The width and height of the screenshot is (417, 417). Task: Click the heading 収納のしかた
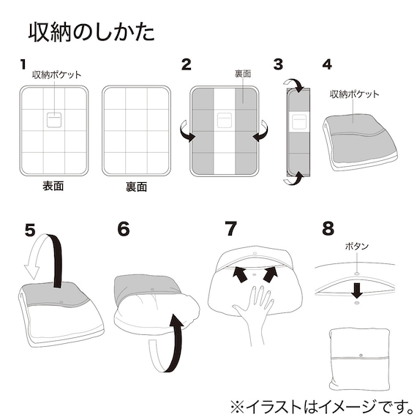coord(91,32)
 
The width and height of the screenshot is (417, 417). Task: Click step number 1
coord(23,64)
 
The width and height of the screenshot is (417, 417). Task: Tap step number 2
coord(187,64)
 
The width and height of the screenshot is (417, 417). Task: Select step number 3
coord(278,64)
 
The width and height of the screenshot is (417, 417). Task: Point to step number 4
coord(327,64)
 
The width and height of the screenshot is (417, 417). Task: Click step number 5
coord(29,229)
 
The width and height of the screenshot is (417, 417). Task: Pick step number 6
coord(123,229)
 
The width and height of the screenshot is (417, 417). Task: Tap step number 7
coord(231,229)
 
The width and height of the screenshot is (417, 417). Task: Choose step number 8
coord(328,229)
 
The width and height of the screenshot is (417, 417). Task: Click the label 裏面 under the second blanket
coord(135,187)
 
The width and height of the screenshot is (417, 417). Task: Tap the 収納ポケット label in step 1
coord(56,75)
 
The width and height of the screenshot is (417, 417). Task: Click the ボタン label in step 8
coord(356,247)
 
